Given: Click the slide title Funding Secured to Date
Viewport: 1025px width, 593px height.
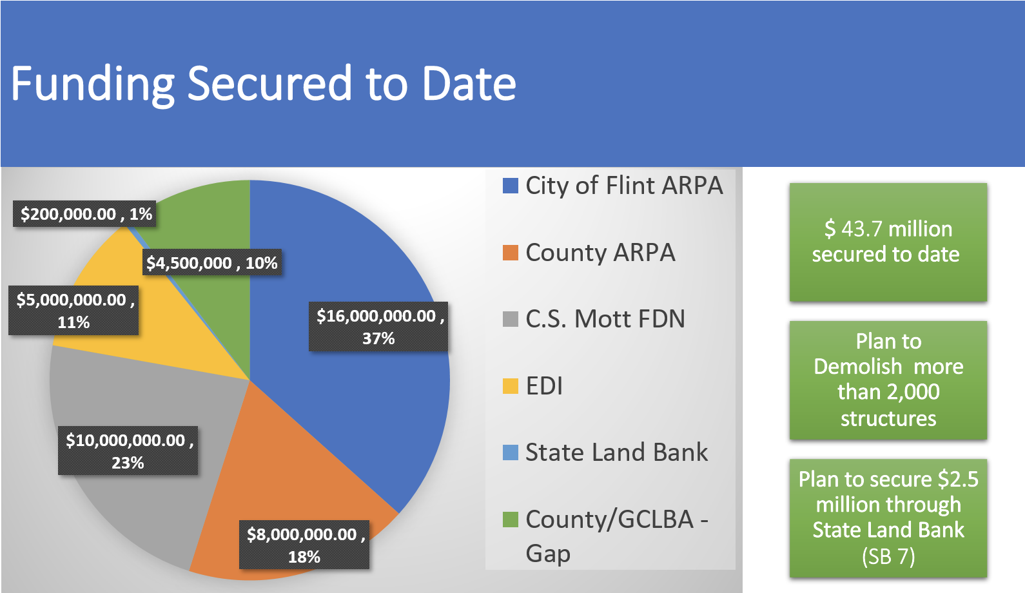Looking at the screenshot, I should coord(263,84).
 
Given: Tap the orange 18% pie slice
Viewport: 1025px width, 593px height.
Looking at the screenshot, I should coord(290,477).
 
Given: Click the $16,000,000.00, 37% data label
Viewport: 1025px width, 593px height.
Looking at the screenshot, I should coord(378,327).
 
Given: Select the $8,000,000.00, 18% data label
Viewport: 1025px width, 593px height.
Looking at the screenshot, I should coord(304,545).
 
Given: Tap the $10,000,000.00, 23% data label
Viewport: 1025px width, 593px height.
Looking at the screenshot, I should coord(128,451).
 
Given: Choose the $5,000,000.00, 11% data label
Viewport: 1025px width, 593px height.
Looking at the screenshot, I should coord(73,310).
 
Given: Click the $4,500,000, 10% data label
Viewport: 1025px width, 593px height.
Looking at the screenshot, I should coord(211,263).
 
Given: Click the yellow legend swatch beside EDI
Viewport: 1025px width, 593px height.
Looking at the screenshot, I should coord(511,386).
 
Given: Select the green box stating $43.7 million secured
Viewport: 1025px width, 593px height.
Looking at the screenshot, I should coord(888,242).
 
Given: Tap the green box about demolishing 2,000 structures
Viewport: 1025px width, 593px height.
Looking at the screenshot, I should coord(888,380).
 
